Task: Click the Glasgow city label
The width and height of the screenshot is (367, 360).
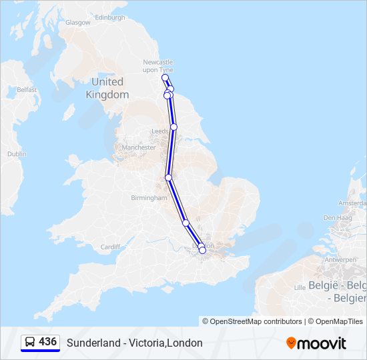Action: (x=77, y=22)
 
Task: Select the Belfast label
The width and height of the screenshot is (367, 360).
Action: (x=27, y=89)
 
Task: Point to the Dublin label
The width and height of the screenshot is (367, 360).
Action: (x=17, y=153)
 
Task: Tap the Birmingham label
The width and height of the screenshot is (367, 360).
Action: (x=149, y=198)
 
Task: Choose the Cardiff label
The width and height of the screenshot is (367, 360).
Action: (x=110, y=247)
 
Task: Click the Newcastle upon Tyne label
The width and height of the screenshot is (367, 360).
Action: (x=158, y=66)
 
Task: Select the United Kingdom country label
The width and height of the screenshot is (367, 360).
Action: (x=107, y=88)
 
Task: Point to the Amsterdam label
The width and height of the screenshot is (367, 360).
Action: (x=352, y=203)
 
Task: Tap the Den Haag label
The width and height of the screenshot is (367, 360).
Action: (x=337, y=217)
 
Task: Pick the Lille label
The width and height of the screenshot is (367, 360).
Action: (x=299, y=287)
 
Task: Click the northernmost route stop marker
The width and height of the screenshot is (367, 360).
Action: (x=165, y=77)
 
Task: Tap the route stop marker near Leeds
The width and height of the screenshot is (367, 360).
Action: (x=173, y=127)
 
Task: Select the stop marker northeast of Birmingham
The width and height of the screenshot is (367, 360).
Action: (x=169, y=177)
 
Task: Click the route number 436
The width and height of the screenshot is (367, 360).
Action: (x=47, y=342)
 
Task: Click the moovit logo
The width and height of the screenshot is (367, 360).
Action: (x=316, y=343)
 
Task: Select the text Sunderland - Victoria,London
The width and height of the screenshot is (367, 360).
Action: (x=134, y=343)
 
